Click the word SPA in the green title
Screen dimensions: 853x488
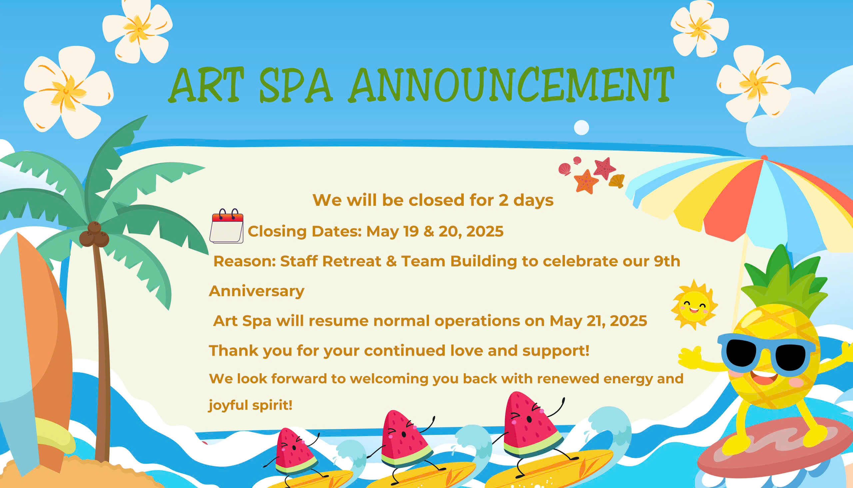(x=296, y=85)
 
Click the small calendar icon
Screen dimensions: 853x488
(x=227, y=226)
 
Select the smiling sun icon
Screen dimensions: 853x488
(x=694, y=305)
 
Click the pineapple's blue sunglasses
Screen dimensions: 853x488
(x=766, y=354)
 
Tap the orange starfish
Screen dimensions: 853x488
(x=586, y=182)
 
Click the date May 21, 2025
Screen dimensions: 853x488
(x=598, y=321)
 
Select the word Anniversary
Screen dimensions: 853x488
(x=257, y=291)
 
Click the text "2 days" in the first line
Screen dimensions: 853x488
(x=526, y=200)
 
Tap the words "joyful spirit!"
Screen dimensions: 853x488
(x=250, y=405)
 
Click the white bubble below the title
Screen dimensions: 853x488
(x=581, y=127)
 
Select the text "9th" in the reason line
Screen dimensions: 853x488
(x=667, y=261)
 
